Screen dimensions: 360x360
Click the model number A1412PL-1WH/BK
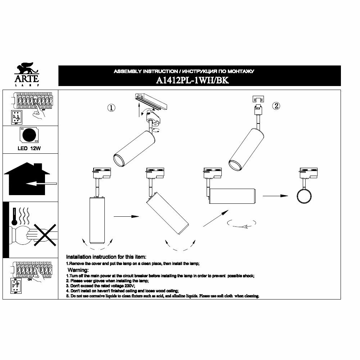(193, 81)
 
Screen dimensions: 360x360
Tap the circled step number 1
(112, 108)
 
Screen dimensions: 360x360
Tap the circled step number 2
(276, 105)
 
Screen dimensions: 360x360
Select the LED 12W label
(30, 148)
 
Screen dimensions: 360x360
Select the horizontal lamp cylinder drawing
(232, 196)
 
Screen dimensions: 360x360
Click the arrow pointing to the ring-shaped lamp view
(275, 196)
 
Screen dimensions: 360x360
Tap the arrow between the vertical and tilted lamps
(126, 216)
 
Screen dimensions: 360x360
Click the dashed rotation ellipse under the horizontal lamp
(241, 224)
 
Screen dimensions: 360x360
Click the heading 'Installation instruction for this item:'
(106, 257)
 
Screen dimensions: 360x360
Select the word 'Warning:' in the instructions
(78, 270)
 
